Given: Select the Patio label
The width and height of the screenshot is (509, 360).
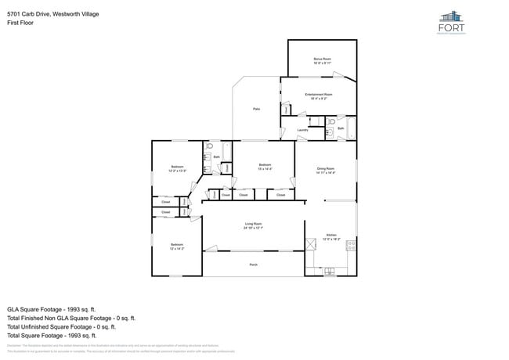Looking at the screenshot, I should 256,109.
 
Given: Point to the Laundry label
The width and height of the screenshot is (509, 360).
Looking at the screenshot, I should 301,131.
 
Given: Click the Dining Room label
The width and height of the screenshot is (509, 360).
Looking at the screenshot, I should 326,168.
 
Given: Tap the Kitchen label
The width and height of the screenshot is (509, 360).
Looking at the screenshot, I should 330,235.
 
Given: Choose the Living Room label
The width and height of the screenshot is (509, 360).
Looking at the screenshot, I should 253,224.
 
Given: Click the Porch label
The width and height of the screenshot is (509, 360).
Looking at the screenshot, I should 253,265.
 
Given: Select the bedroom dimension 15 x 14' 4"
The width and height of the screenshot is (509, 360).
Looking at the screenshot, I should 264,169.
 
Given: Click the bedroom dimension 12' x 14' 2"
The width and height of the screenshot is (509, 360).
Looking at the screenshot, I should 176,249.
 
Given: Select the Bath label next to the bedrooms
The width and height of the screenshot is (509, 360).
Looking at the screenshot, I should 216,157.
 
